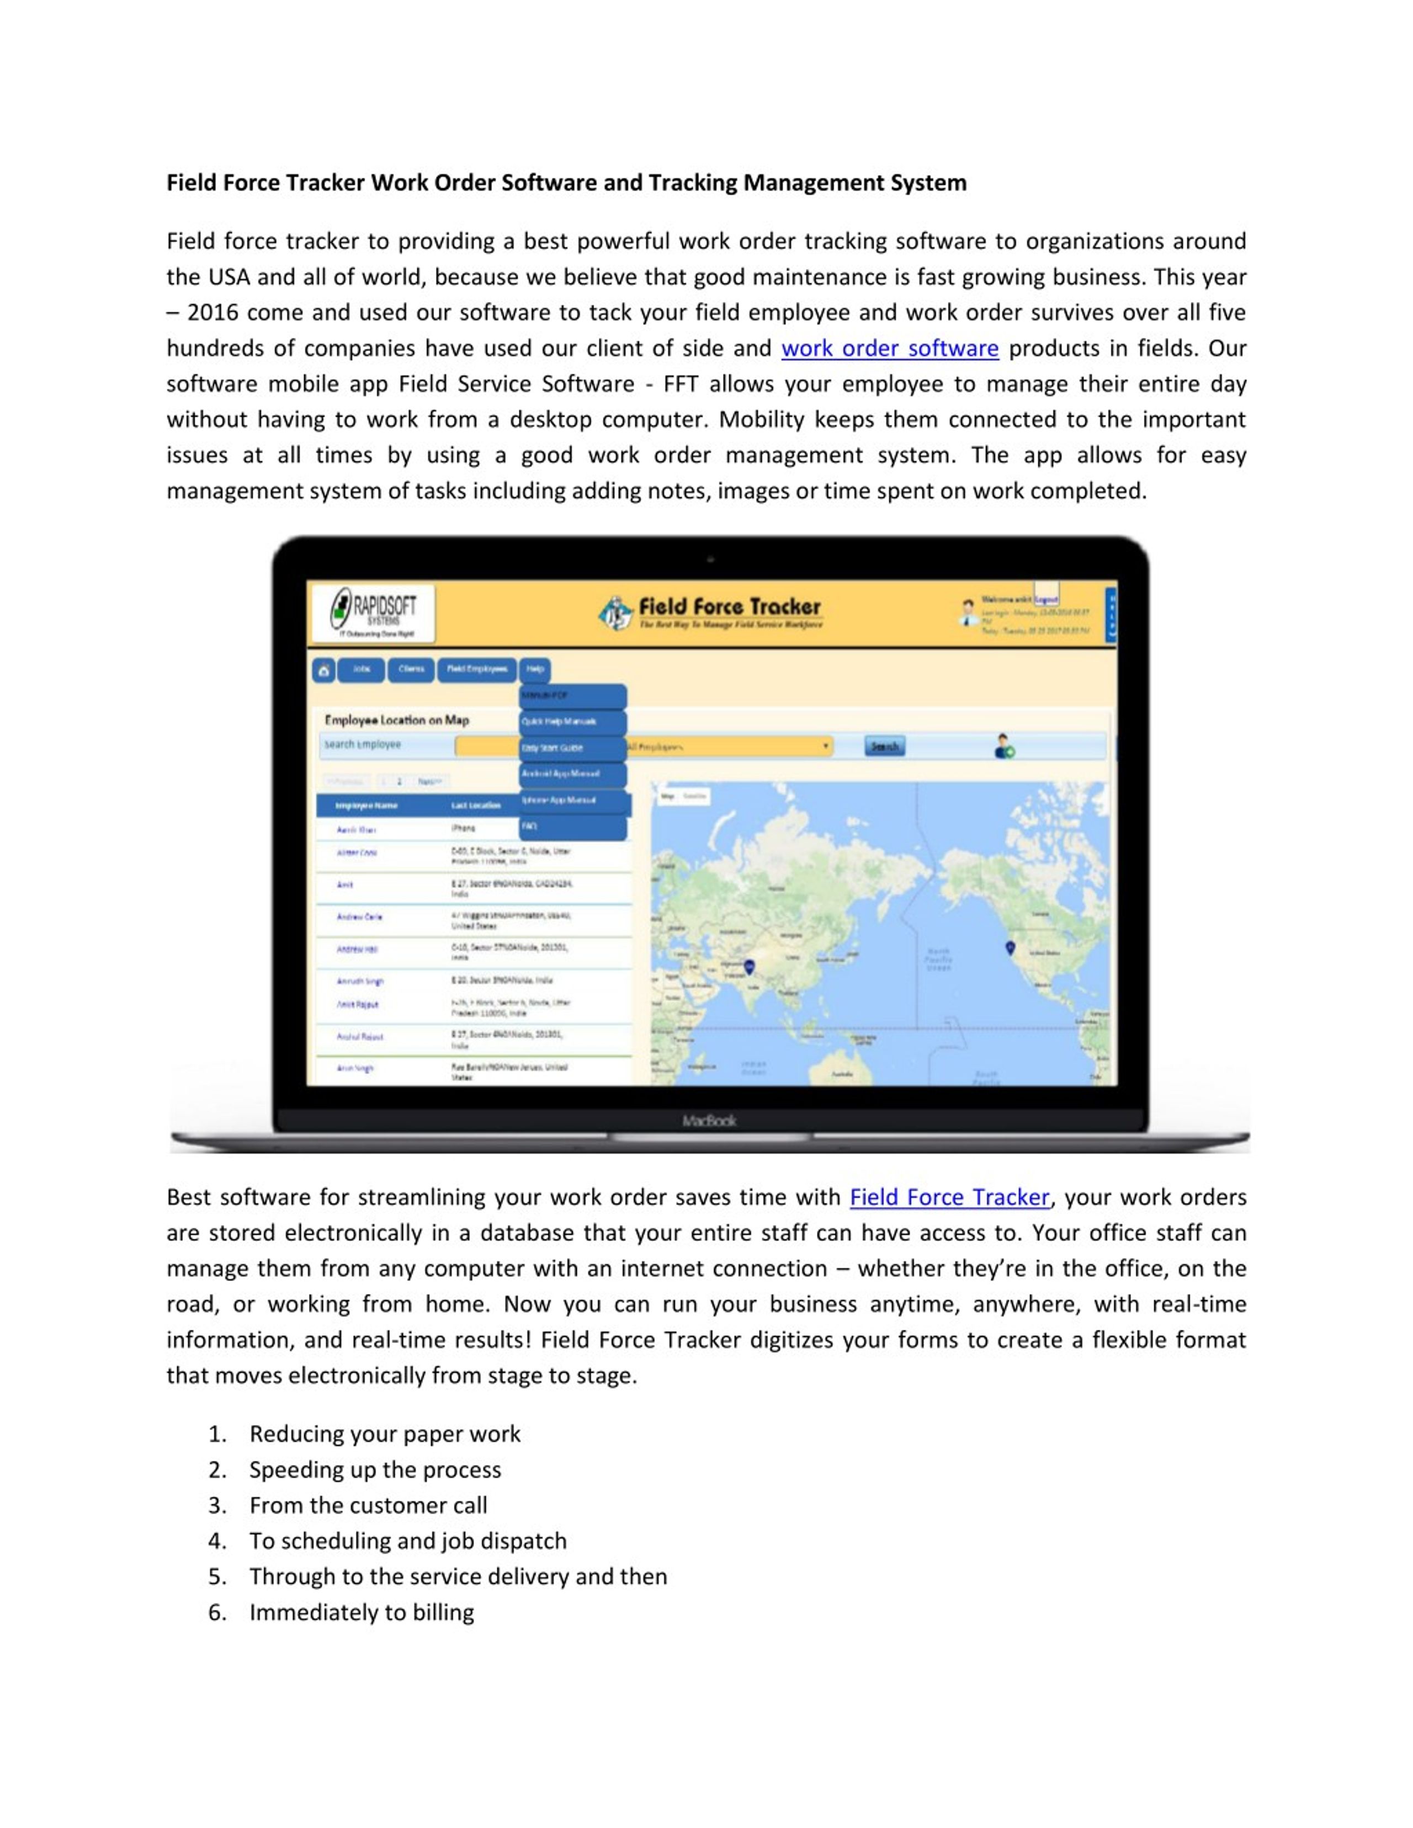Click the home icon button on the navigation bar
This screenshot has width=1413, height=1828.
(x=323, y=670)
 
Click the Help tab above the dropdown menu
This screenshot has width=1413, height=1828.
(x=535, y=669)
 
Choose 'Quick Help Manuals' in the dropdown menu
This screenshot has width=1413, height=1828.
(x=571, y=722)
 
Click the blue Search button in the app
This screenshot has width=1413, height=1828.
(x=884, y=746)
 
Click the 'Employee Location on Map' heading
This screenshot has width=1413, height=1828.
(x=397, y=720)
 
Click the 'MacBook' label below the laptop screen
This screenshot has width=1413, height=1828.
(x=709, y=1121)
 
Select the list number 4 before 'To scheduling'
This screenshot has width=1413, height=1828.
(x=217, y=1541)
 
